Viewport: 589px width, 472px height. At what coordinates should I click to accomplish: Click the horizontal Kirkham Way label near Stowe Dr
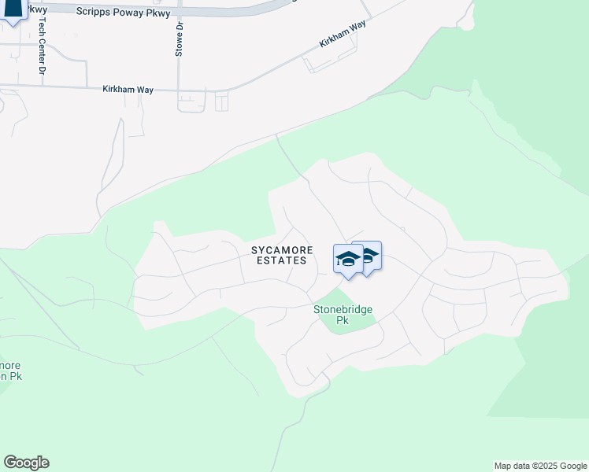pyautogui.click(x=128, y=90)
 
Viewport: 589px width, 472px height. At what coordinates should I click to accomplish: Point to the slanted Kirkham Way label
pyautogui.click(x=343, y=35)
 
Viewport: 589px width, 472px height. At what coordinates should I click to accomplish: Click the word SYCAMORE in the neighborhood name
pyautogui.click(x=282, y=250)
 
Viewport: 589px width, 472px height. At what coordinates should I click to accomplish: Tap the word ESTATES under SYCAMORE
pyautogui.click(x=282, y=260)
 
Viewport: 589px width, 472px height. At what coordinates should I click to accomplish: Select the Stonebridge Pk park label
pyautogui.click(x=343, y=315)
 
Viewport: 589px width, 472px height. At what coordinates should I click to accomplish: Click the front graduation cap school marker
pyautogui.click(x=347, y=260)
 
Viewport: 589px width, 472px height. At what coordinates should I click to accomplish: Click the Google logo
pyautogui.click(x=26, y=463)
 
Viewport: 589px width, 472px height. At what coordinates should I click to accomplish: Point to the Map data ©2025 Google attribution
pyautogui.click(x=539, y=466)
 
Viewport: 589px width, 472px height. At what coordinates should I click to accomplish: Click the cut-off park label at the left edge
pyautogui.click(x=10, y=371)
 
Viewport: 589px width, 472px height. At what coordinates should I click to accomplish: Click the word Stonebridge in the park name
pyautogui.click(x=343, y=310)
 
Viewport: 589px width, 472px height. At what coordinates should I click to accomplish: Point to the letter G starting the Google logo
pyautogui.click(x=9, y=463)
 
